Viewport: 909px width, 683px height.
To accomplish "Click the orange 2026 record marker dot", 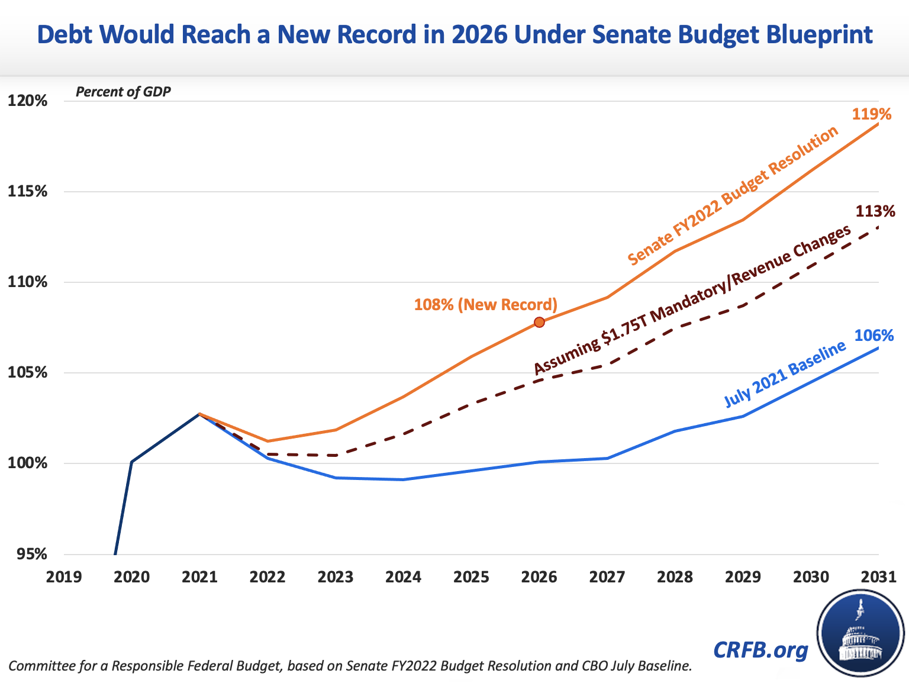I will point(539,322).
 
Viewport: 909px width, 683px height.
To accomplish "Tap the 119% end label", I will point(871,114).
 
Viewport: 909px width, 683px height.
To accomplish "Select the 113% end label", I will point(875,211).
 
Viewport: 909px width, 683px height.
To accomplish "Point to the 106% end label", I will point(874,336).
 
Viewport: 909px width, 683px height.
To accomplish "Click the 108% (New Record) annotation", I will point(485,305).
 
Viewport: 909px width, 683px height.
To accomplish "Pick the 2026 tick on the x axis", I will point(539,576).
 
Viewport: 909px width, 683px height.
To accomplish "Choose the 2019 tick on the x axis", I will point(64,576).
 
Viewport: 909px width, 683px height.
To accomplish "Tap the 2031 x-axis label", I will point(879,576).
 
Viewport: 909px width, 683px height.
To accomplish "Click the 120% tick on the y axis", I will point(27,101).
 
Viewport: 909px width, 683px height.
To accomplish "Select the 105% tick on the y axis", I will point(27,373).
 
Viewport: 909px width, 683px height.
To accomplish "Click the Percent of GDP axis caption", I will point(123,92).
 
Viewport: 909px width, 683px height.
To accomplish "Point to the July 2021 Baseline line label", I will point(785,375).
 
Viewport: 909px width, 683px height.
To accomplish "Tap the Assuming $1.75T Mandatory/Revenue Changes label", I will point(692,300).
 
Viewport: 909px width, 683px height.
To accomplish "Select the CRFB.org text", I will point(760,649).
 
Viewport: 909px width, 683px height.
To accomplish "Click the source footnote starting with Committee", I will point(350,666).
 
